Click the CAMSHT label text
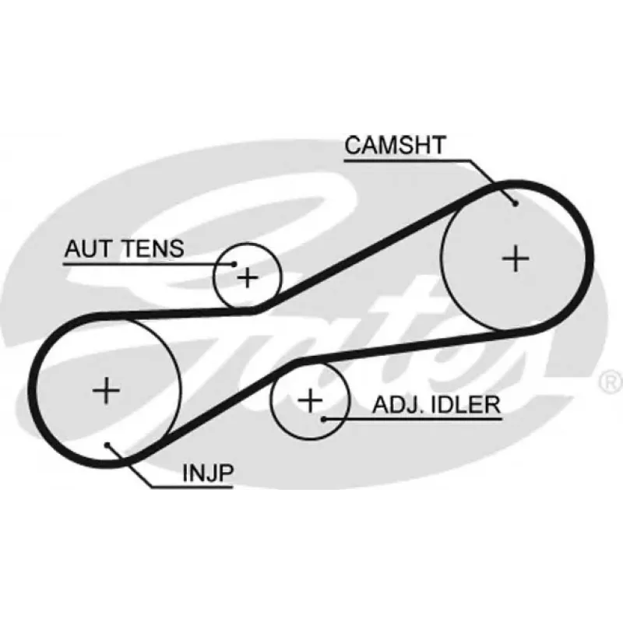click(395, 145)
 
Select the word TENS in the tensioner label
click(153, 248)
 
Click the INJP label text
click(208, 473)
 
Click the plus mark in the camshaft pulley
click(516, 259)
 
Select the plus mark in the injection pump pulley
click(106, 390)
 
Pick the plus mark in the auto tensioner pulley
click(248, 277)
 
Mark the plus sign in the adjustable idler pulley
click(310, 400)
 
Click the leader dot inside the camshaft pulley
click(516, 204)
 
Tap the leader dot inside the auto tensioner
click(234, 264)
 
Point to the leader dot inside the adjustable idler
click(324, 419)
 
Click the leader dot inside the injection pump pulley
click(107, 445)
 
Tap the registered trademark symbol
click(612, 382)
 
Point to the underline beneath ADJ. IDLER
click(414, 419)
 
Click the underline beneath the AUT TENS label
click(149, 264)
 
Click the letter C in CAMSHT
click(353, 145)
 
